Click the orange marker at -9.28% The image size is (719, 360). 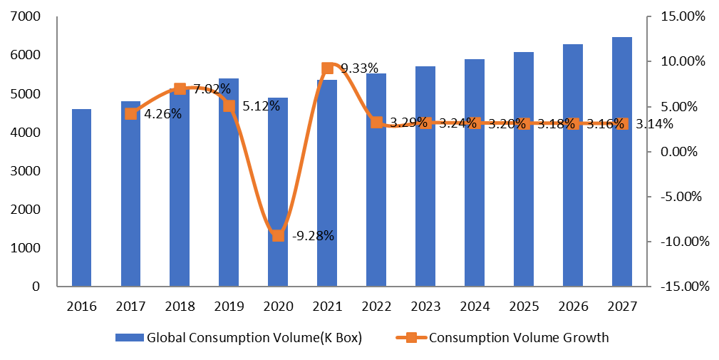coord(278,235)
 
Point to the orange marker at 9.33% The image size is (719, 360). coord(327,68)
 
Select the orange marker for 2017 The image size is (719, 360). coord(130,113)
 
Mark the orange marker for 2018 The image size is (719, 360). coord(180,89)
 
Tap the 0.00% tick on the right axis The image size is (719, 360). coord(683,152)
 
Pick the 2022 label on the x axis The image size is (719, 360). coord(376,307)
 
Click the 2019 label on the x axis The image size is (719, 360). coord(229,307)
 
